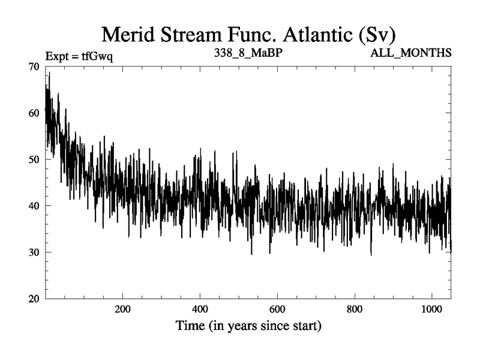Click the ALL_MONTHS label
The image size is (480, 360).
tap(411, 53)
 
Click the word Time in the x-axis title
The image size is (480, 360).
tap(191, 327)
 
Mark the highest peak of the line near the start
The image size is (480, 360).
tap(49, 73)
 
